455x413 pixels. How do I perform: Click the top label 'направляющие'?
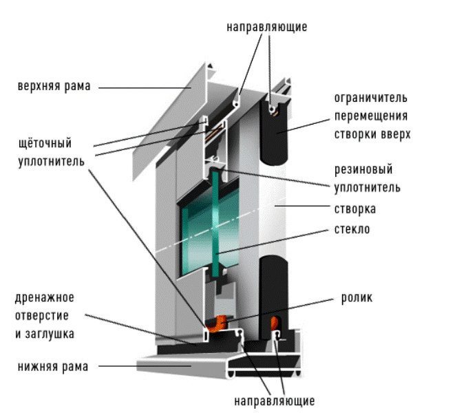click(x=266, y=27)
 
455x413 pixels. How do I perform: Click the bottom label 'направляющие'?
click(x=274, y=401)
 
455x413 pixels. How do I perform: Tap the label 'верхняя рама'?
click(x=54, y=86)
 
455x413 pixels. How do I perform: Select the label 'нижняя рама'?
click(x=53, y=367)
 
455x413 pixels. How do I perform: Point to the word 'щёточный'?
click(x=45, y=143)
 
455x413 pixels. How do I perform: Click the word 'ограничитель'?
click(x=371, y=98)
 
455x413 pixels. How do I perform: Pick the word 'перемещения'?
click(x=371, y=116)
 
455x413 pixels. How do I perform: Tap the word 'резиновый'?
click(x=363, y=169)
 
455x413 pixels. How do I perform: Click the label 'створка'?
click(x=355, y=209)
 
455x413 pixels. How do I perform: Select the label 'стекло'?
click(x=352, y=229)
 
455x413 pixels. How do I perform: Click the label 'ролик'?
click(x=357, y=298)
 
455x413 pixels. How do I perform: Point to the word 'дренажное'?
click(x=44, y=298)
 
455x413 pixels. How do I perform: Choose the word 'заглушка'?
click(x=50, y=333)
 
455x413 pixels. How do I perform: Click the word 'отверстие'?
click(x=42, y=316)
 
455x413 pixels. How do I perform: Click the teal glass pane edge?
click(x=215, y=224)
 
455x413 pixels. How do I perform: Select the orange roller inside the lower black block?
click(x=274, y=323)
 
